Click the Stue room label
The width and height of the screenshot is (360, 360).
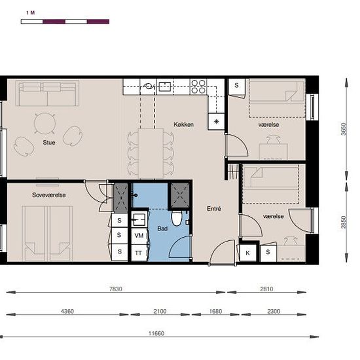tap(49, 143)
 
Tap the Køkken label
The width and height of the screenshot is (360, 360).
tap(183, 124)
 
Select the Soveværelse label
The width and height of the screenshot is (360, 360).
tap(49, 195)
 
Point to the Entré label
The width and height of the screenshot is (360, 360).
tap(214, 208)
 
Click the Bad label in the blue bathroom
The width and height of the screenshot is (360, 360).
tap(162, 228)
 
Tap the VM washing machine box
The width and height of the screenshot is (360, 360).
tap(139, 236)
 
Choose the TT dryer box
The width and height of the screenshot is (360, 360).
tap(139, 253)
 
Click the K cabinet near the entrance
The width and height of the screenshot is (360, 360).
tap(247, 253)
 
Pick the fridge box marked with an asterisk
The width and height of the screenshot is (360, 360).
tap(216, 122)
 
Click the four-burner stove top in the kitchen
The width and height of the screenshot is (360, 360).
tap(198, 86)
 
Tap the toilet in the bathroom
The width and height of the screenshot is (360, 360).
tap(177, 219)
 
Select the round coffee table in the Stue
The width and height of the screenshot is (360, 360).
tap(45, 124)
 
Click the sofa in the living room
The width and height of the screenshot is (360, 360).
tap(47, 93)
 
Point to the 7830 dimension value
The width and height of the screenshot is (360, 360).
tap(116, 289)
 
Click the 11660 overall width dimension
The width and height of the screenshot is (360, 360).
tap(156, 333)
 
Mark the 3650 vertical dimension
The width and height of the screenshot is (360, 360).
tap(344, 129)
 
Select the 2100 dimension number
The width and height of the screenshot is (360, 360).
tap(160, 312)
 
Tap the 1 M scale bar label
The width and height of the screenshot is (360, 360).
tap(31, 13)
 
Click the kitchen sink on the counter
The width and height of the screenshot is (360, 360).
tap(165, 86)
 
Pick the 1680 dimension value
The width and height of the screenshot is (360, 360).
tap(215, 312)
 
